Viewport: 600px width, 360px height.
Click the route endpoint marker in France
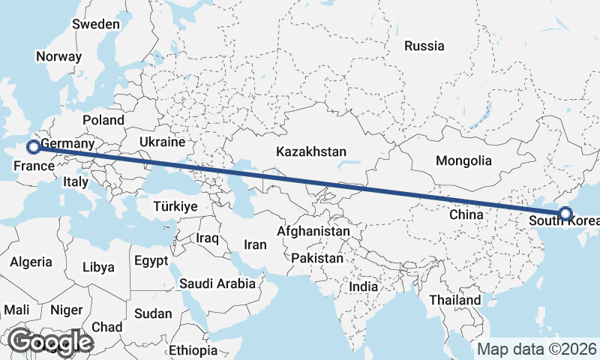point(32,147)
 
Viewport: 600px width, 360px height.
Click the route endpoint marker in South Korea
point(565,214)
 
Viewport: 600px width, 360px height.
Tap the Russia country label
point(424,46)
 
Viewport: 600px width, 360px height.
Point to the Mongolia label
point(463,160)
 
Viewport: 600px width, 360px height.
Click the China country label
point(466,214)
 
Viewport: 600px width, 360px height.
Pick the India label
point(363,286)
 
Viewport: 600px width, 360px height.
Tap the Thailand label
point(454,300)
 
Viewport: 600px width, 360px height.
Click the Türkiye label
point(175,206)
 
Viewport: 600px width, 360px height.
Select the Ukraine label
point(162,142)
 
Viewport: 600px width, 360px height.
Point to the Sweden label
point(95,24)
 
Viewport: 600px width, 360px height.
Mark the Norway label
point(58,56)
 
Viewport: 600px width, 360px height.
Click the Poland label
point(103,120)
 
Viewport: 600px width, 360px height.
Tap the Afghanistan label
point(313,232)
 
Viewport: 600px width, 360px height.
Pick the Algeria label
point(31,262)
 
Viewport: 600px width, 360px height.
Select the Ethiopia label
point(192,350)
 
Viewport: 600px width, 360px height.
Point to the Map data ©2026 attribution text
point(537,349)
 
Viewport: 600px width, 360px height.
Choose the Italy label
point(76,181)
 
